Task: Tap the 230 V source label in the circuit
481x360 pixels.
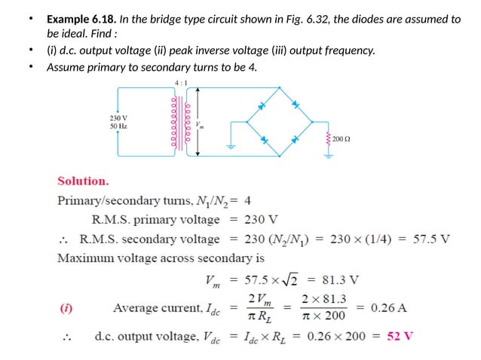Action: (118, 118)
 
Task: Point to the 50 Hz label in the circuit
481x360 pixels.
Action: (118, 127)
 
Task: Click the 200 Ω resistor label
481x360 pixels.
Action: (342, 140)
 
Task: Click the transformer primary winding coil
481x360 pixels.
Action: (174, 121)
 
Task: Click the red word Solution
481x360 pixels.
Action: (83, 181)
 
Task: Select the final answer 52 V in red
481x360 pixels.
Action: (400, 335)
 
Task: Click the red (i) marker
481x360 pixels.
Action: (66, 308)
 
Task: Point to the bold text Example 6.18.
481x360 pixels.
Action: (81, 19)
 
